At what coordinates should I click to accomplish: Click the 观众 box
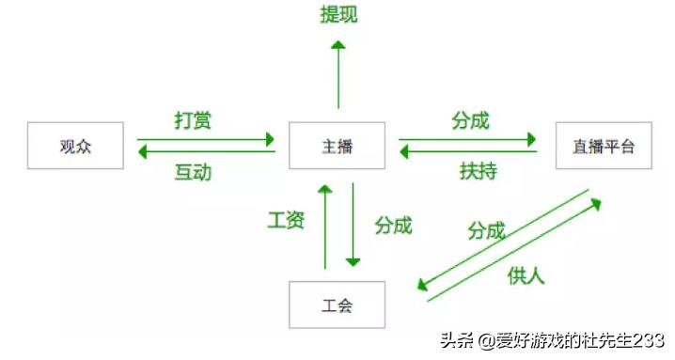point(75,146)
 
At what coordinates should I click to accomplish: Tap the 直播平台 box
point(603,146)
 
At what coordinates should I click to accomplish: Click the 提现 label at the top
point(338,15)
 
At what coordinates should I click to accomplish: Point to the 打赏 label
point(193,120)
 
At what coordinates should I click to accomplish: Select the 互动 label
point(193,172)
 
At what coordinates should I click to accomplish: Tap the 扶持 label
point(478,171)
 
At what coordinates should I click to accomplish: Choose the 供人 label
point(526,275)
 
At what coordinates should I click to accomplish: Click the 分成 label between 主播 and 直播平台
point(470,120)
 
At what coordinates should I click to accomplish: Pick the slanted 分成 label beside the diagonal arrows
point(486,229)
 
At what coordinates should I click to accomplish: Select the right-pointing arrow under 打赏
point(206,139)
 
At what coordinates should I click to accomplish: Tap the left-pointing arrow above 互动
point(206,151)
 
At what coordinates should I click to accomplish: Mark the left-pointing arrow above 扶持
point(467,151)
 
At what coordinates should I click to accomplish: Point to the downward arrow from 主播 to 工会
point(353,226)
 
